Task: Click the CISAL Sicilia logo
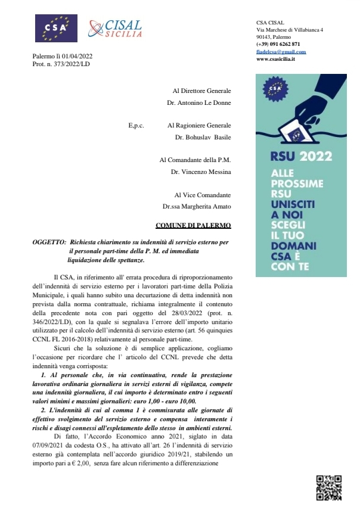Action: click(x=116, y=28)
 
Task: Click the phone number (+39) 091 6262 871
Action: click(x=278, y=44)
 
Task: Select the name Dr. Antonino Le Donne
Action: click(x=199, y=102)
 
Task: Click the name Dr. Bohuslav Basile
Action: click(x=203, y=137)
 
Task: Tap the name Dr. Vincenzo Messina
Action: click(x=200, y=172)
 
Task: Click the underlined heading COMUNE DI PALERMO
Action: click(x=189, y=226)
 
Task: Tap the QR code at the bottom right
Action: click(x=328, y=487)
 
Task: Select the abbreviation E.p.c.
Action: click(x=136, y=126)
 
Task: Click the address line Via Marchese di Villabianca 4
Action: click(x=290, y=29)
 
